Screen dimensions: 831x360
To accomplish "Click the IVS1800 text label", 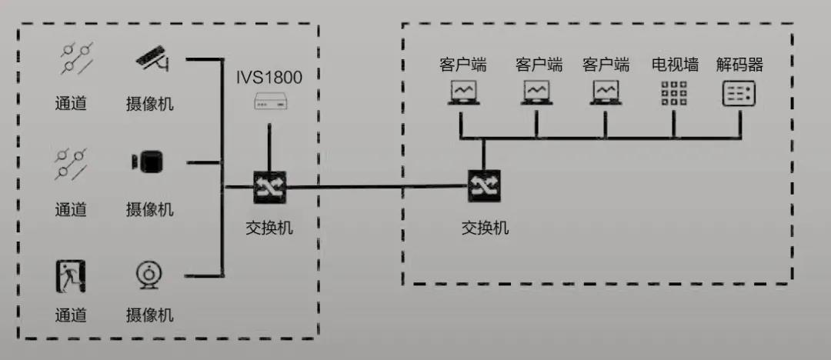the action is (x=269, y=78).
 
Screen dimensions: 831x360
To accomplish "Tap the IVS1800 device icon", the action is (x=269, y=101).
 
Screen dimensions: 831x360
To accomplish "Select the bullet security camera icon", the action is (x=152, y=58).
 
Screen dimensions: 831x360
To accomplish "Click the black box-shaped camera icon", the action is (x=148, y=162).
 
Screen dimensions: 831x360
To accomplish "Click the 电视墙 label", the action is (x=675, y=65).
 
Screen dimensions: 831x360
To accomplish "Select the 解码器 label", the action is (x=739, y=65).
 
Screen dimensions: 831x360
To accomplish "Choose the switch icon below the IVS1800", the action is (x=269, y=187).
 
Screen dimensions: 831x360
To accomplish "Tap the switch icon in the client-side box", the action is (x=484, y=185).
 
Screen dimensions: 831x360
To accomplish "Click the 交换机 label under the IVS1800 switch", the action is (x=269, y=228).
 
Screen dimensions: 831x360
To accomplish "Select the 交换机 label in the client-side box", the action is (x=485, y=228).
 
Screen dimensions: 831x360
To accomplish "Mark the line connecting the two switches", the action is (x=377, y=186).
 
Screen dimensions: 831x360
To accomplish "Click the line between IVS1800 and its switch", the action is (x=269, y=148).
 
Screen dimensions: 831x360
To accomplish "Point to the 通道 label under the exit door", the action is (x=71, y=315).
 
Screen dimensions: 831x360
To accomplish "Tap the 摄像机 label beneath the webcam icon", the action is (x=149, y=315).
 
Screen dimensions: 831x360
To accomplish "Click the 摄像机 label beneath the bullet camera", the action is (x=149, y=103).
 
